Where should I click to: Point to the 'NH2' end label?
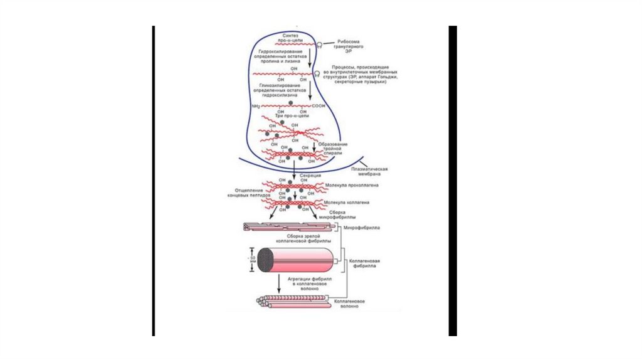tap(255, 107)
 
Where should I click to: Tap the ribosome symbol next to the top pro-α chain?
tap(319, 45)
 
